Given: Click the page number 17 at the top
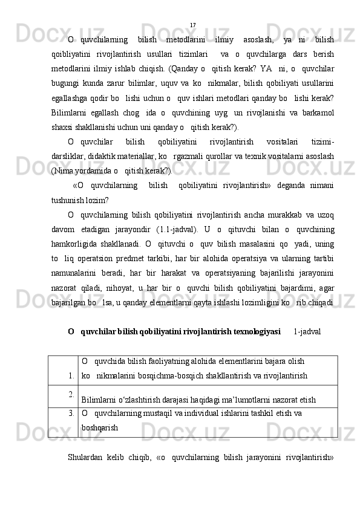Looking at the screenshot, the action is (x=192, y=25).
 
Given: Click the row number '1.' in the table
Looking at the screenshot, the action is (x=71, y=375).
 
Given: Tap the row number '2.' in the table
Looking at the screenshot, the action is (x=71, y=395).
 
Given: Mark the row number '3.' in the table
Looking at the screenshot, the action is (x=71, y=413).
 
